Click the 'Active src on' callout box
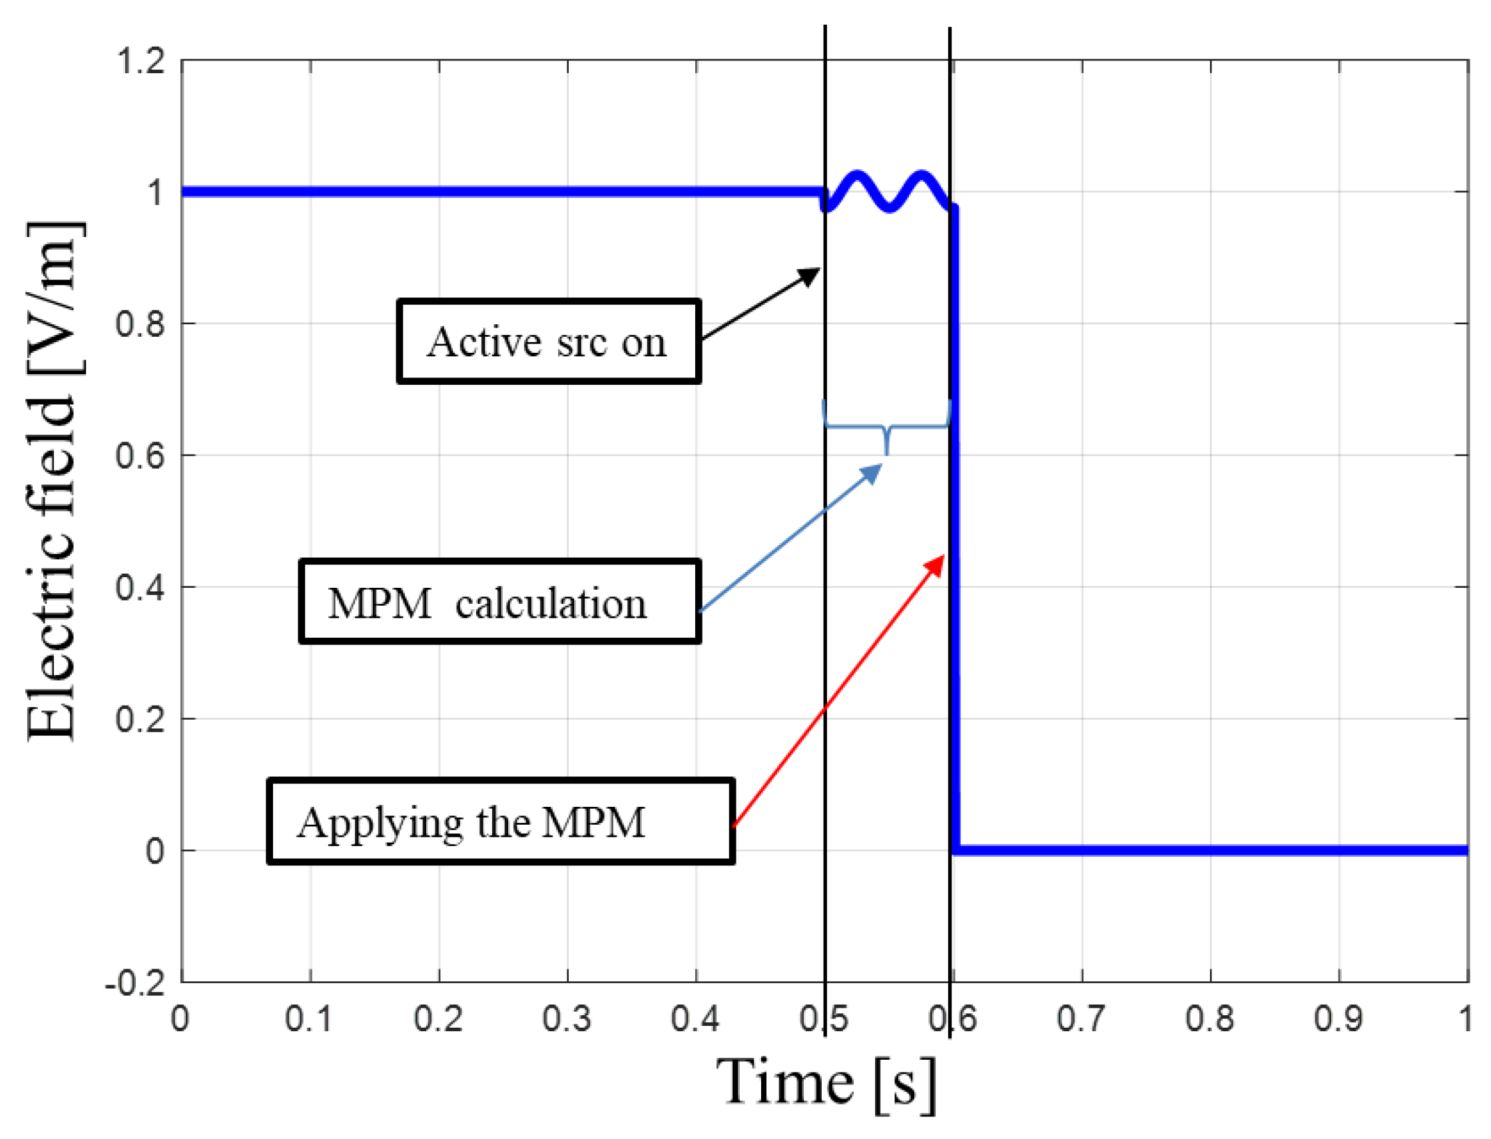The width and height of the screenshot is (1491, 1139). [548, 342]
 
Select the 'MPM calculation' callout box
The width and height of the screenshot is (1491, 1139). [499, 601]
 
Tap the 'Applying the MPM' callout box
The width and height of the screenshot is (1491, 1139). [500, 821]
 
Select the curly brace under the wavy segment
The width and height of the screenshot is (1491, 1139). [886, 427]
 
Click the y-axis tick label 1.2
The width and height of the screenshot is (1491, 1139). [141, 61]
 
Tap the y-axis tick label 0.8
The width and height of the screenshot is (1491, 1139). [141, 324]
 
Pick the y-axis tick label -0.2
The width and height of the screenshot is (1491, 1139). [136, 983]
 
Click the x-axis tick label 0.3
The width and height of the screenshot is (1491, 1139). [567, 1019]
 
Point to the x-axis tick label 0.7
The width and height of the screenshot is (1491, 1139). [1081, 1019]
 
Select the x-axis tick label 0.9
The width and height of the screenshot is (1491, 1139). [1338, 1019]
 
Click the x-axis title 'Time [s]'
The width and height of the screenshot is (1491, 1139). [826, 1082]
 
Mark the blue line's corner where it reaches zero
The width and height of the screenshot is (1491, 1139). [956, 849]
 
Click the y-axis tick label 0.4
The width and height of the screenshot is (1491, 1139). [141, 587]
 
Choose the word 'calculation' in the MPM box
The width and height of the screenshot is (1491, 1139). [551, 602]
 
